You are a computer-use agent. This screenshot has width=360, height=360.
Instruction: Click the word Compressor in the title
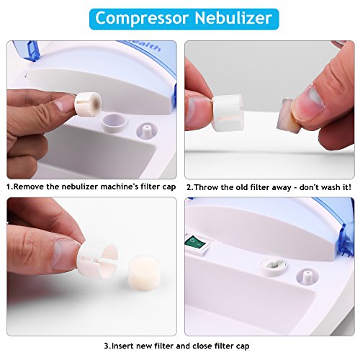pos(142,19)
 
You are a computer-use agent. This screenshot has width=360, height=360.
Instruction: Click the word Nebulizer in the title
pos(233,18)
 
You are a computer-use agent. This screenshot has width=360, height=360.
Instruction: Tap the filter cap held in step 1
pos(88,104)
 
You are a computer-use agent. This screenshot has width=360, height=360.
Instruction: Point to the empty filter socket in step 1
pos(114,122)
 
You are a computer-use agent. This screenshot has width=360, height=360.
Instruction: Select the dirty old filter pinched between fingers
pos(287,114)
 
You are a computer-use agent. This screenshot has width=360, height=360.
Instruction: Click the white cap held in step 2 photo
pos(228,112)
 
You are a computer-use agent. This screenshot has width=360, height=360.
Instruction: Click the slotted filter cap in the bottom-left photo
pos(97,261)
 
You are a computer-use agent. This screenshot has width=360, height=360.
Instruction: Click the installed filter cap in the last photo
pos(274,266)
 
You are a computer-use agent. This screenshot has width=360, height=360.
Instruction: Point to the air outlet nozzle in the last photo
pos(307,276)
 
